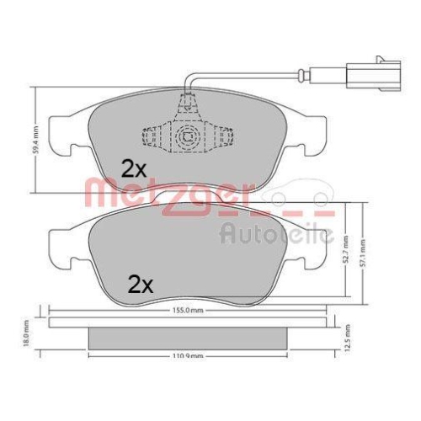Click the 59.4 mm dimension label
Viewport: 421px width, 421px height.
point(34,133)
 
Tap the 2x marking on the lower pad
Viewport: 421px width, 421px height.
point(141,284)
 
